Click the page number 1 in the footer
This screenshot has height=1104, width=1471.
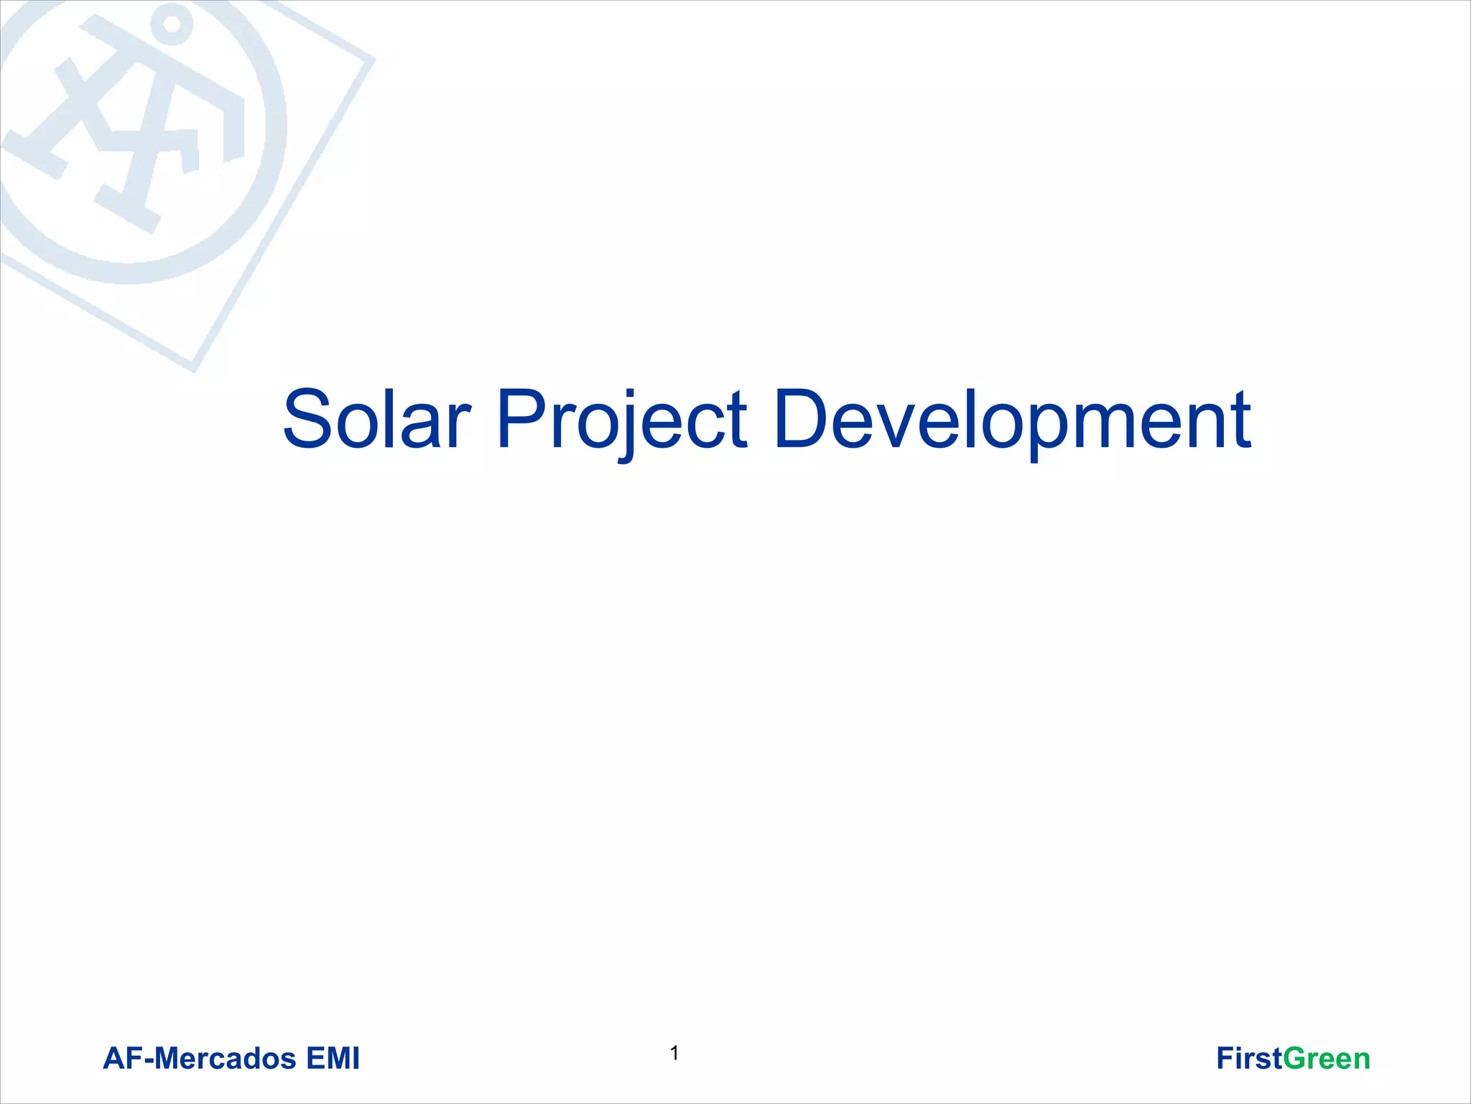(674, 1054)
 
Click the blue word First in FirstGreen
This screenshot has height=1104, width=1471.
(1248, 1059)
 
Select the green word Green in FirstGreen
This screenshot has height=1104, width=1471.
(1327, 1059)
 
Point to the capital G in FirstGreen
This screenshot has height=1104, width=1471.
(1295, 1059)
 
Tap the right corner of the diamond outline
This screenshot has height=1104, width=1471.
(371, 60)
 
